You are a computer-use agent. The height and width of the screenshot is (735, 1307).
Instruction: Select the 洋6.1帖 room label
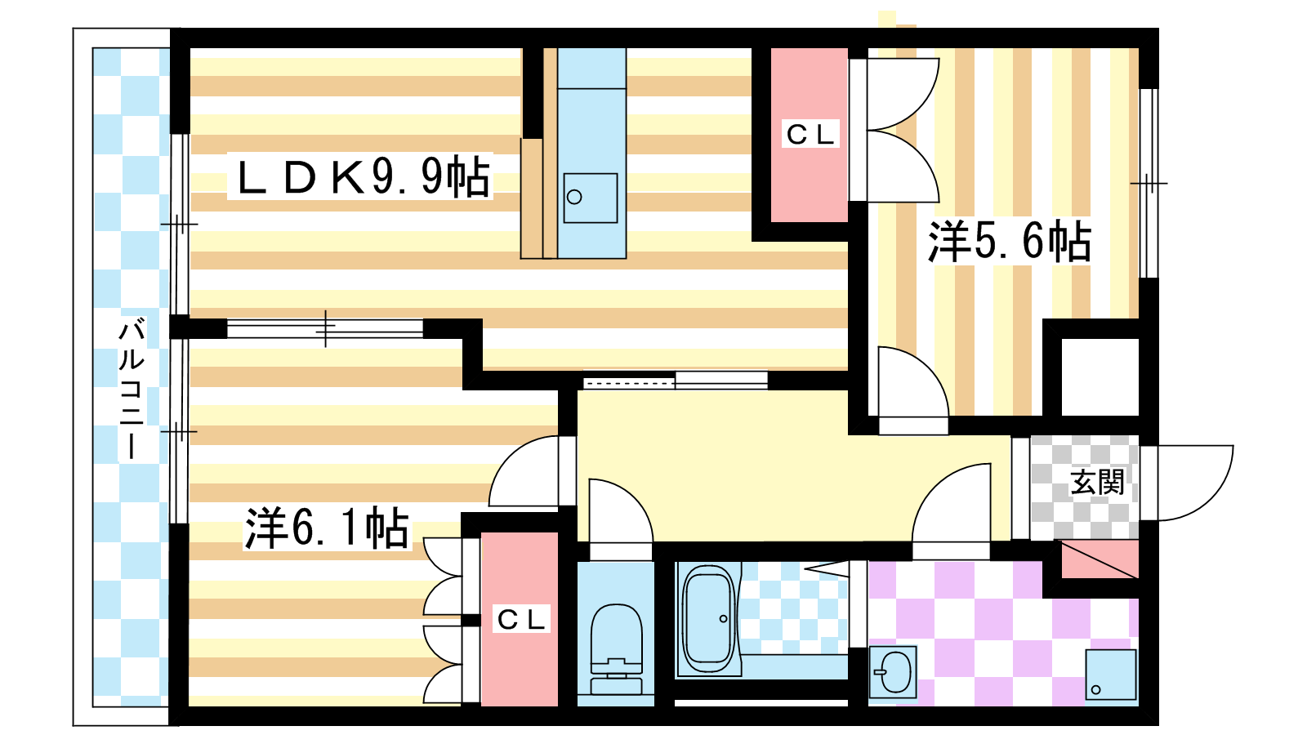pos(327,528)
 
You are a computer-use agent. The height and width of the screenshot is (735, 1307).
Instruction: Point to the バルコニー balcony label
pos(132,389)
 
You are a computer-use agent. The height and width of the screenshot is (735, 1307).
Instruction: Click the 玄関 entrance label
pos(1097,483)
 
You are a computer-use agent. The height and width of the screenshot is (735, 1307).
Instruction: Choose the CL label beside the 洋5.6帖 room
pos(810,135)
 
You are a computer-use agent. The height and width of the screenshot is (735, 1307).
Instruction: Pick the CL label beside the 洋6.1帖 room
pos(520,619)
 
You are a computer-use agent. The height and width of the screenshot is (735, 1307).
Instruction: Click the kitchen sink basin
pos(591,198)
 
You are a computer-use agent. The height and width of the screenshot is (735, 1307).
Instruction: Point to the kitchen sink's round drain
pos(574,197)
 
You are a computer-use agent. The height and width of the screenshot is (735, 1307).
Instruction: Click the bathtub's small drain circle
pos(724,619)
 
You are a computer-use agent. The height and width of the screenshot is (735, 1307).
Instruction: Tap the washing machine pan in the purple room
pos(1111,675)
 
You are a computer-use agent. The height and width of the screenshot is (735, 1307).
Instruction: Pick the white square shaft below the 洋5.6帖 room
pos(1100,376)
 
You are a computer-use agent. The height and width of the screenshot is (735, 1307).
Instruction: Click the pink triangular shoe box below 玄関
pos(1100,559)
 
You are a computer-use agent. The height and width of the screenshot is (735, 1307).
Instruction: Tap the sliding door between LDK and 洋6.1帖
pos(325,328)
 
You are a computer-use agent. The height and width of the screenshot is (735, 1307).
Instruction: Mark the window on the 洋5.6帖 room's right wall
pos(1149,183)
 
